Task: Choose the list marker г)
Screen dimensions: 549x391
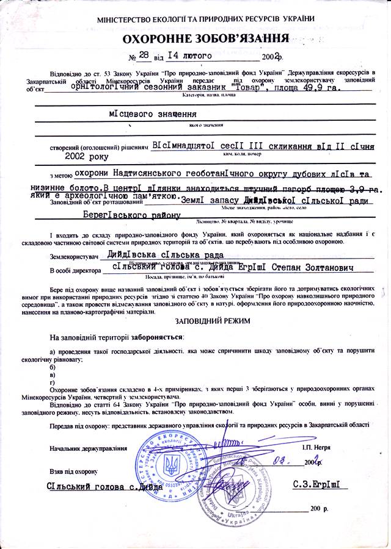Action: (53, 382)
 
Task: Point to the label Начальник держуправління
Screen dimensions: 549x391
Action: (89, 448)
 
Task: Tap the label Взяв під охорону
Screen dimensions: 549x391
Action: (74, 472)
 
